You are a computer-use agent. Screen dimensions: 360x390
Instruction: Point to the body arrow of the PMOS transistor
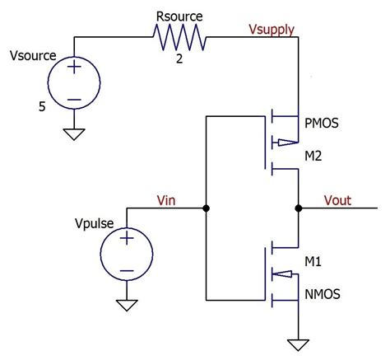click(x=283, y=142)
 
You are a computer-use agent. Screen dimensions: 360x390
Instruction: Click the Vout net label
click(x=341, y=199)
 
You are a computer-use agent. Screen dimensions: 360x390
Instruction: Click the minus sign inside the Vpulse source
click(x=127, y=269)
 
